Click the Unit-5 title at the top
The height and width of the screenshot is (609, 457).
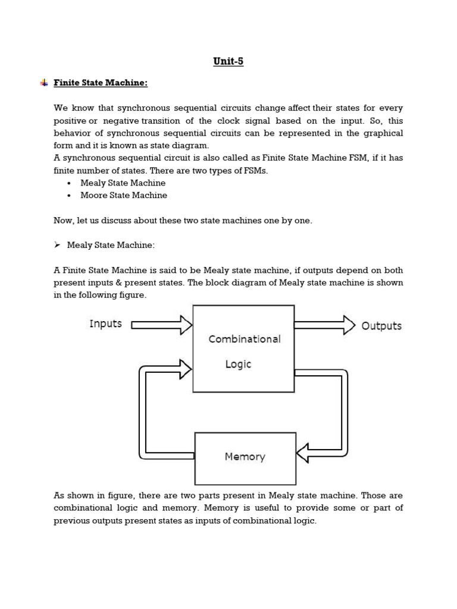(x=228, y=61)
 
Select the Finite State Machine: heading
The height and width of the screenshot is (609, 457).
(x=100, y=83)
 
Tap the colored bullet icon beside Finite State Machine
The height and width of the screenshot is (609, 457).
(x=44, y=83)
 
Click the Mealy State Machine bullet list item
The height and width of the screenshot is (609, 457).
(x=123, y=183)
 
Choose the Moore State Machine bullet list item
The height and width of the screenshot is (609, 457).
(x=123, y=195)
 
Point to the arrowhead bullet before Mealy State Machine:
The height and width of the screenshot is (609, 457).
(x=58, y=244)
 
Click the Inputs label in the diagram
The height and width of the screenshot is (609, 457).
(x=105, y=324)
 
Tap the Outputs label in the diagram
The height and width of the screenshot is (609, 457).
(x=381, y=326)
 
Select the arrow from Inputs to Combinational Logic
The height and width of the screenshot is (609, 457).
(x=161, y=325)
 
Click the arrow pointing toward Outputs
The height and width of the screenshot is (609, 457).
(x=324, y=325)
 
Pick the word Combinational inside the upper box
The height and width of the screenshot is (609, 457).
(x=244, y=339)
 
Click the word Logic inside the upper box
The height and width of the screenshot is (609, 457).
(x=238, y=364)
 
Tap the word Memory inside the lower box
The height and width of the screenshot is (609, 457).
(x=245, y=457)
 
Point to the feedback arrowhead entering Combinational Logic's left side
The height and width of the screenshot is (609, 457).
(x=185, y=369)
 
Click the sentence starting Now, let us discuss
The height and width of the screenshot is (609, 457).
(x=183, y=220)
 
